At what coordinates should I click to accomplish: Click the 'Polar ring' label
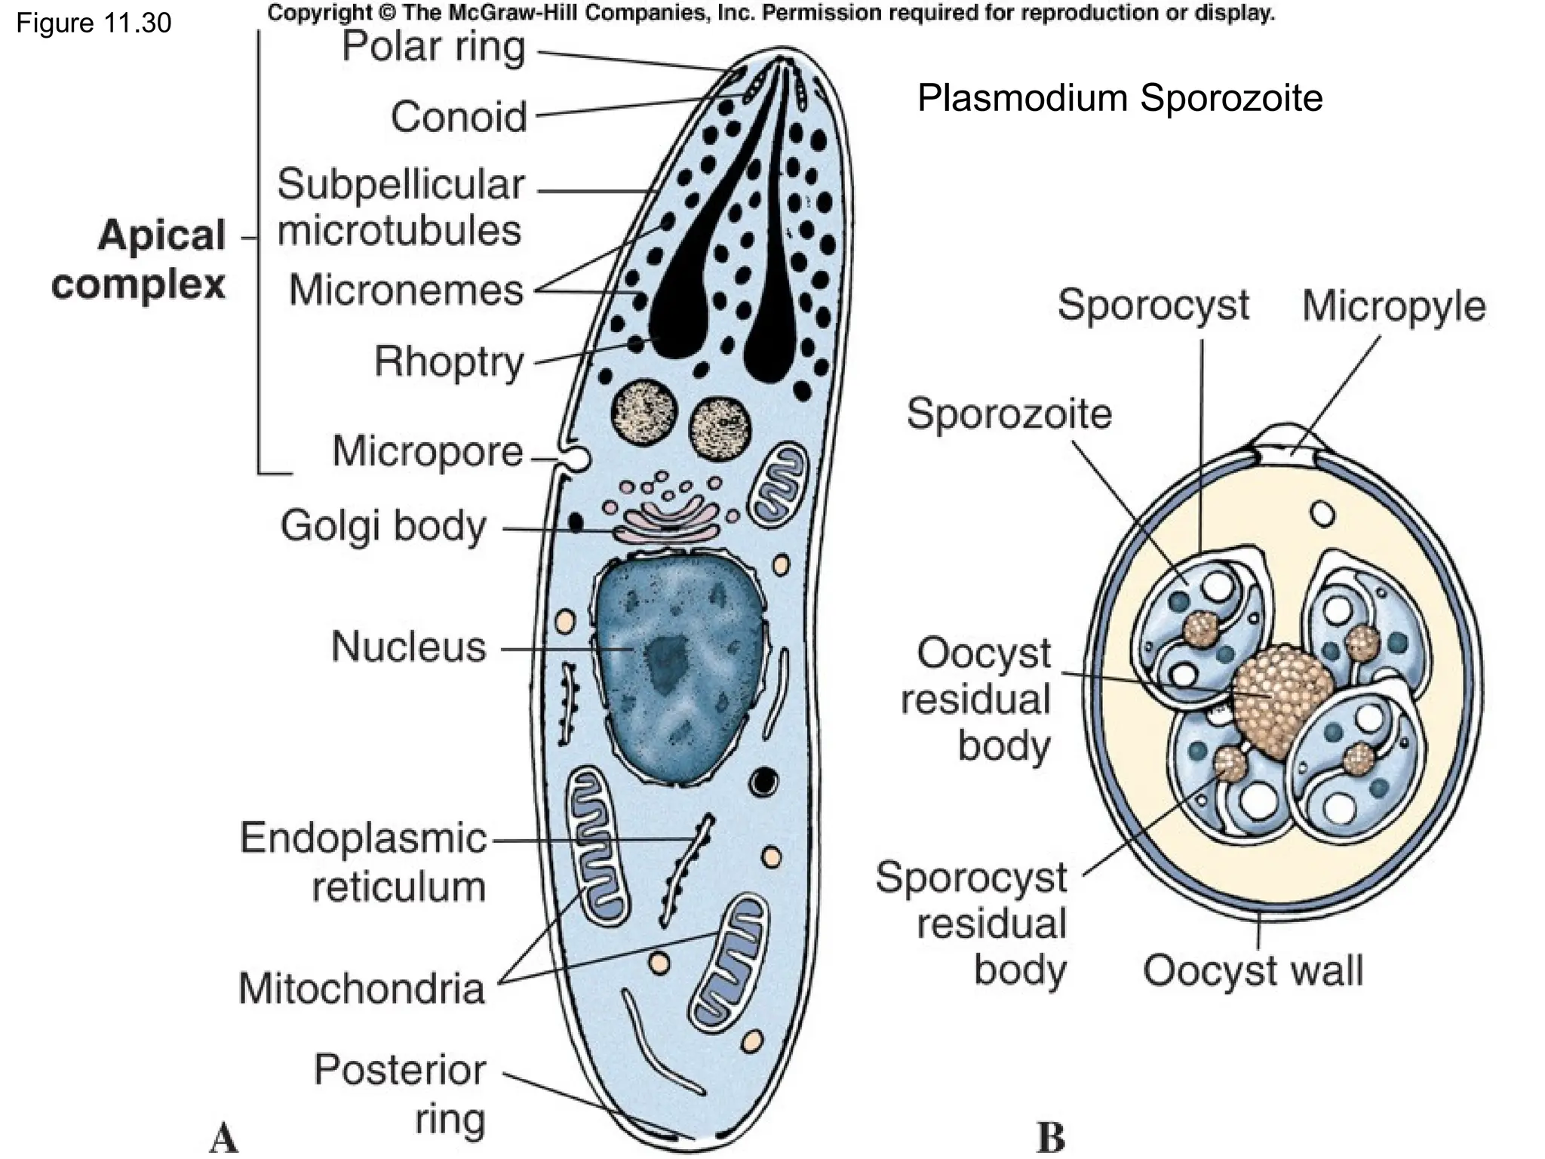pos(434,47)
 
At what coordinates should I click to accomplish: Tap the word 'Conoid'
pos(459,117)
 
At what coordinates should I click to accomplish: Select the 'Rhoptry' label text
pos(449,361)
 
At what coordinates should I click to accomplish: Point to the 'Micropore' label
pos(428,451)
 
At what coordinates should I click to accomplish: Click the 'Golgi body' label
pos(383,525)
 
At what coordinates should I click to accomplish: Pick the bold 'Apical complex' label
pos(140,260)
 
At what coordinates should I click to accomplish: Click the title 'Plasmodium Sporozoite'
pos(1120,98)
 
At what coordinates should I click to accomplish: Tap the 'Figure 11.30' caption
pos(94,23)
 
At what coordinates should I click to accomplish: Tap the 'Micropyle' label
pos(1393,306)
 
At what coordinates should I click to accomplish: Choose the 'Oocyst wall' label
pos(1252,970)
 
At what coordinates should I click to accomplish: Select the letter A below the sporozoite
pos(223,1137)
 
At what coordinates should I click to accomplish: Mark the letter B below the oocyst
pos(1051,1137)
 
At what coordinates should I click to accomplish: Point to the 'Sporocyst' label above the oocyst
pos(1153,305)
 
